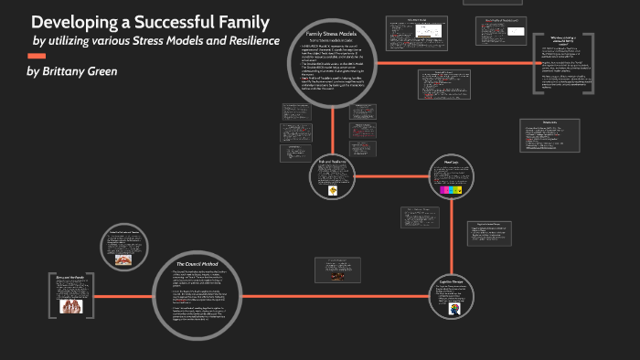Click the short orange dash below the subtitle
click(37, 56)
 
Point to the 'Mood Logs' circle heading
click(452, 162)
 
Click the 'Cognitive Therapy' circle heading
click(452, 281)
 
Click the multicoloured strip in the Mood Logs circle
click(452, 190)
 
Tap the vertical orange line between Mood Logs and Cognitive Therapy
click(452, 239)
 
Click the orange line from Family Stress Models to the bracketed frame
click(457, 62)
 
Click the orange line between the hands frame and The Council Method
click(128, 298)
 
